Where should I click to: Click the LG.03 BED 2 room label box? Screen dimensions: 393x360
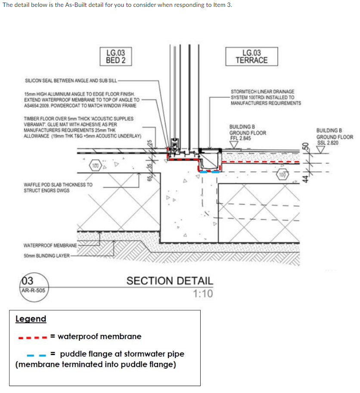115,56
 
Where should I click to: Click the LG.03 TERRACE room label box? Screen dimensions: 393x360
251,56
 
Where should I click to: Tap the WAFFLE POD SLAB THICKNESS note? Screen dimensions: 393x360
58,187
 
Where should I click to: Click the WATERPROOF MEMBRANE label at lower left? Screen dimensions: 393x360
50,246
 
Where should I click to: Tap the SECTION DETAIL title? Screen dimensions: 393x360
170,281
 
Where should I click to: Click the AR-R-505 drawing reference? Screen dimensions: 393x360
33,290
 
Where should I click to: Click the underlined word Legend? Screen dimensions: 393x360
31,319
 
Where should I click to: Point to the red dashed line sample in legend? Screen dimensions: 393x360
32,337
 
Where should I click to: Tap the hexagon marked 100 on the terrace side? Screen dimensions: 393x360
282,175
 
